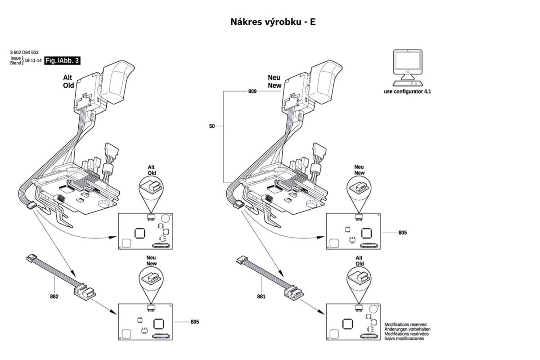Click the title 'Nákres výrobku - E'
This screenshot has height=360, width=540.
273,22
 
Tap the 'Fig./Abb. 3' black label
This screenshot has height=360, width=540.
62,60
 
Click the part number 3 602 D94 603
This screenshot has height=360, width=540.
24,52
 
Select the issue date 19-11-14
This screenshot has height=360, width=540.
33,60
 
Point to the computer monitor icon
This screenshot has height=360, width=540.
408,68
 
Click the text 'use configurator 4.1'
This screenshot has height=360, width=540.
407,92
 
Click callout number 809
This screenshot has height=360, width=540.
252,91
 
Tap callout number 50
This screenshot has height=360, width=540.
211,126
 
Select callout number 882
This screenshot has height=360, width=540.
54,297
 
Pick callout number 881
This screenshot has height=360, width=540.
261,297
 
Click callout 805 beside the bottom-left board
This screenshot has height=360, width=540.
195,322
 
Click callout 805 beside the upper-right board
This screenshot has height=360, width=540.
403,233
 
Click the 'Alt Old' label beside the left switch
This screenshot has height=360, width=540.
68,81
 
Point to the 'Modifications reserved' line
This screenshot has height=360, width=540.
405,324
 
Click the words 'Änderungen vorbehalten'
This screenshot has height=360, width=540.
407,329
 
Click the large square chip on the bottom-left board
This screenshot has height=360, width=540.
158,324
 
